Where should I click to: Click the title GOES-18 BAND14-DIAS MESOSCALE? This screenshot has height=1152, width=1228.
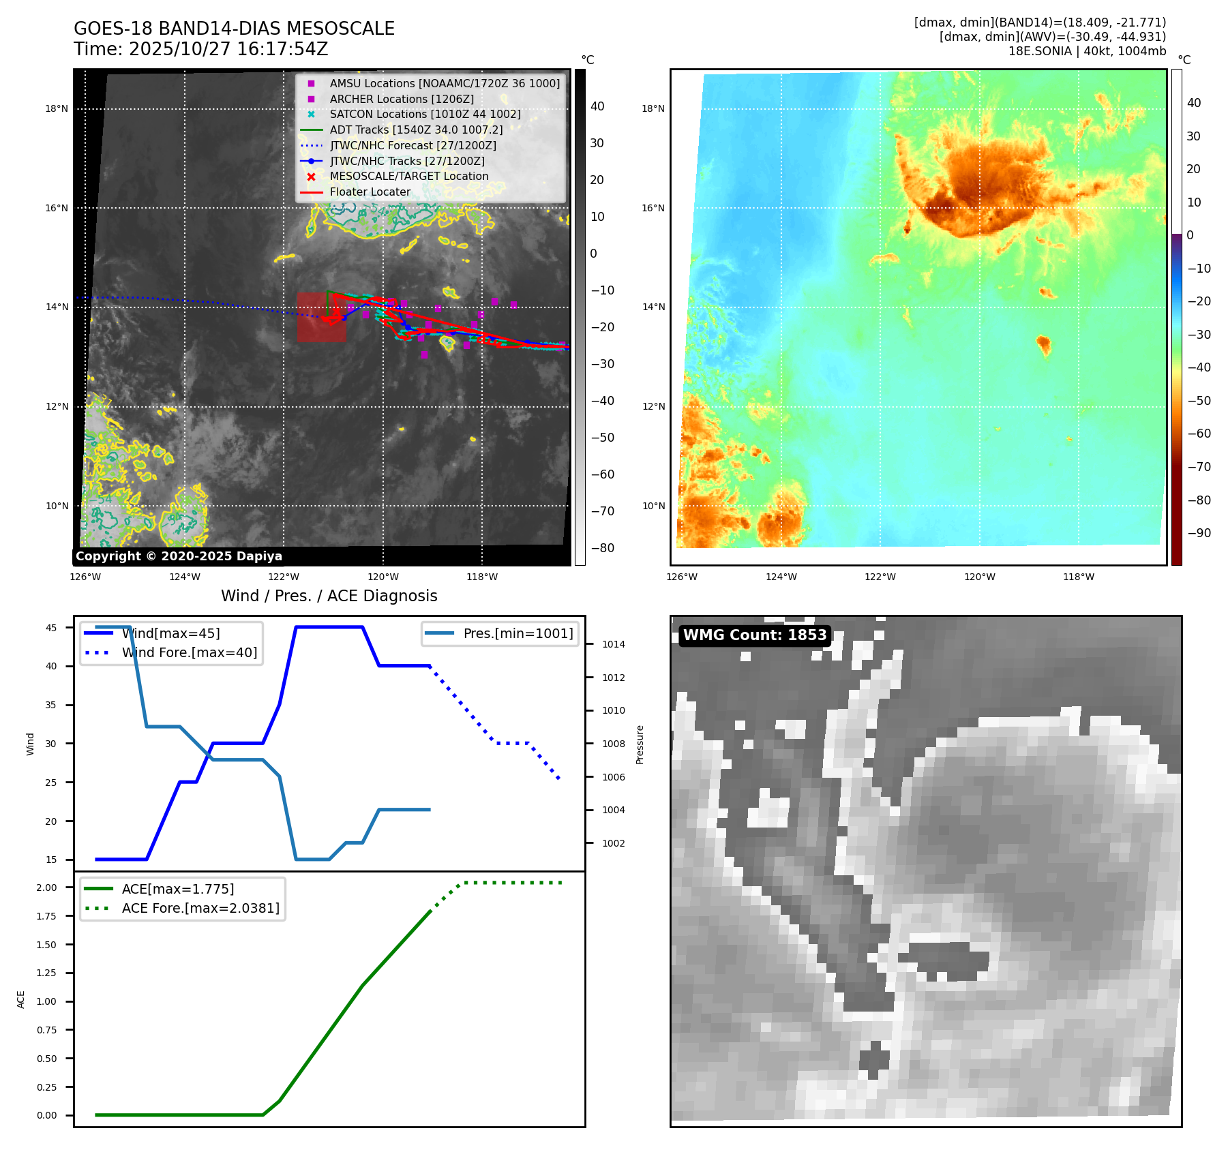click(234, 29)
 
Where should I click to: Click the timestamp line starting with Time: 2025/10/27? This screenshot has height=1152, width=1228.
click(201, 49)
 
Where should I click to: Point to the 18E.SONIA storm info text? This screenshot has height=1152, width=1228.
click(1087, 51)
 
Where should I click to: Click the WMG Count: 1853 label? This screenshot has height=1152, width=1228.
click(754, 635)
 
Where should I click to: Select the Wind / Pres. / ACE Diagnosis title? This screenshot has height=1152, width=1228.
click(329, 596)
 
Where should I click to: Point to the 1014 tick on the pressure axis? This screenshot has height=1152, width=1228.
click(613, 644)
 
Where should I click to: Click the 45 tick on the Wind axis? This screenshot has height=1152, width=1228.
click(51, 628)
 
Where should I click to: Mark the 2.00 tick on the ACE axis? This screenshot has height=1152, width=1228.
click(47, 888)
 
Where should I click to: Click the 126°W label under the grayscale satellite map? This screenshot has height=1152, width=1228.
click(85, 577)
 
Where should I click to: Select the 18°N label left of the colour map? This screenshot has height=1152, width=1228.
click(653, 108)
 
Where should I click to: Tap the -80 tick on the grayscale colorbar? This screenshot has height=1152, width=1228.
click(602, 548)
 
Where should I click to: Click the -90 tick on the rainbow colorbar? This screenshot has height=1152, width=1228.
click(1199, 533)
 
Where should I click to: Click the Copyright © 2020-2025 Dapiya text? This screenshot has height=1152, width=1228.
click(179, 556)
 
